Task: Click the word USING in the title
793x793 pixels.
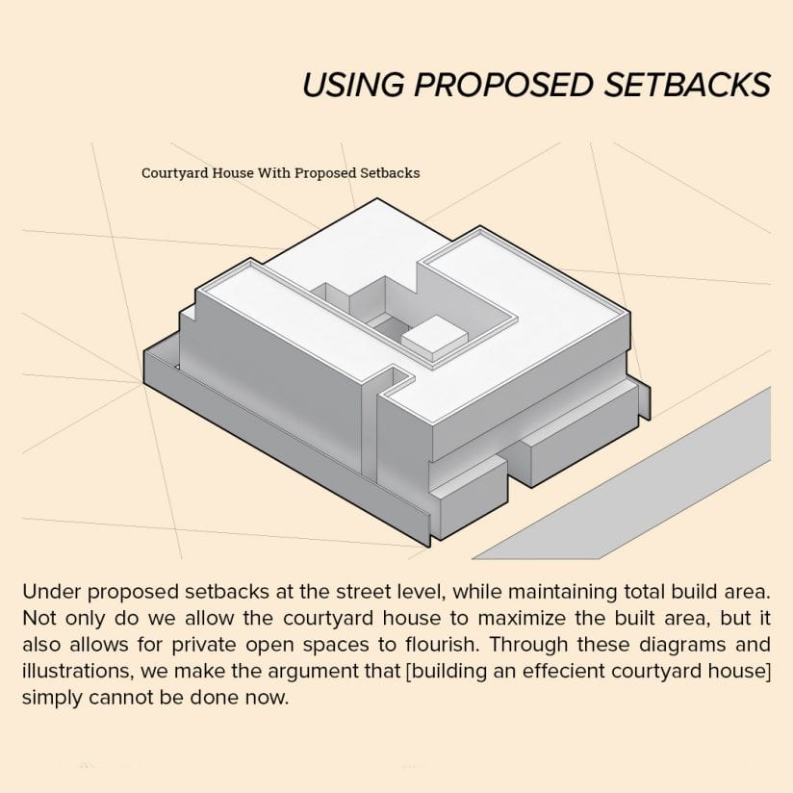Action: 353,85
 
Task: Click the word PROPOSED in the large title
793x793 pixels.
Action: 503,85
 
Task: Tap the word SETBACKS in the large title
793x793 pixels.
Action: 687,85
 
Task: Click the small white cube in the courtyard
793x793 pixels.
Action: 433,335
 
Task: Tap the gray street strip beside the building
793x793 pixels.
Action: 622,473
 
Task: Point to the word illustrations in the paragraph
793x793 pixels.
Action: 78,671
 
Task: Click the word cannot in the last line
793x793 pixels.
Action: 120,698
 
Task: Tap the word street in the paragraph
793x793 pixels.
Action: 363,592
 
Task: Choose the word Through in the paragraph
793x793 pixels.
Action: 529,646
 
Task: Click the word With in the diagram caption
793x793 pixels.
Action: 274,173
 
